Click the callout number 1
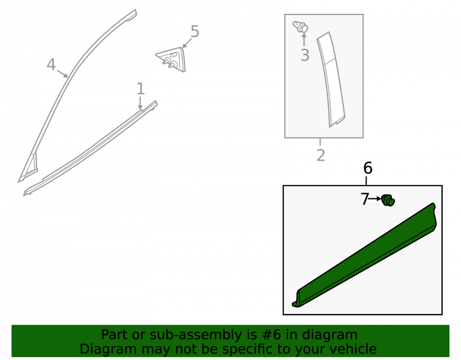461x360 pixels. pyautogui.click(x=141, y=89)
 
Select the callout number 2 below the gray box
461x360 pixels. pyautogui.click(x=321, y=155)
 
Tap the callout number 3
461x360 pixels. pyautogui.click(x=305, y=55)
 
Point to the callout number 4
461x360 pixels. pyautogui.click(x=51, y=65)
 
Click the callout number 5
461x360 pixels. pyautogui.click(x=195, y=31)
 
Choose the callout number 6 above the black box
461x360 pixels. pyautogui.click(x=368, y=168)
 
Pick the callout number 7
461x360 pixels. pyautogui.click(x=365, y=199)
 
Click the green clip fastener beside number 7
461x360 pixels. pyautogui.click(x=388, y=201)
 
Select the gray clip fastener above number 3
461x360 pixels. pyautogui.click(x=300, y=27)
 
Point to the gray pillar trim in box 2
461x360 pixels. pyautogui.click(x=331, y=79)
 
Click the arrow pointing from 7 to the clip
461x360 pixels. pyautogui.click(x=375, y=199)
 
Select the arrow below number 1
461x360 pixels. pyautogui.click(x=140, y=103)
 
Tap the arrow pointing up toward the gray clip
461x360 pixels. pyautogui.click(x=304, y=39)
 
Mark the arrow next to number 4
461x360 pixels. pyautogui.click(x=62, y=73)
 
